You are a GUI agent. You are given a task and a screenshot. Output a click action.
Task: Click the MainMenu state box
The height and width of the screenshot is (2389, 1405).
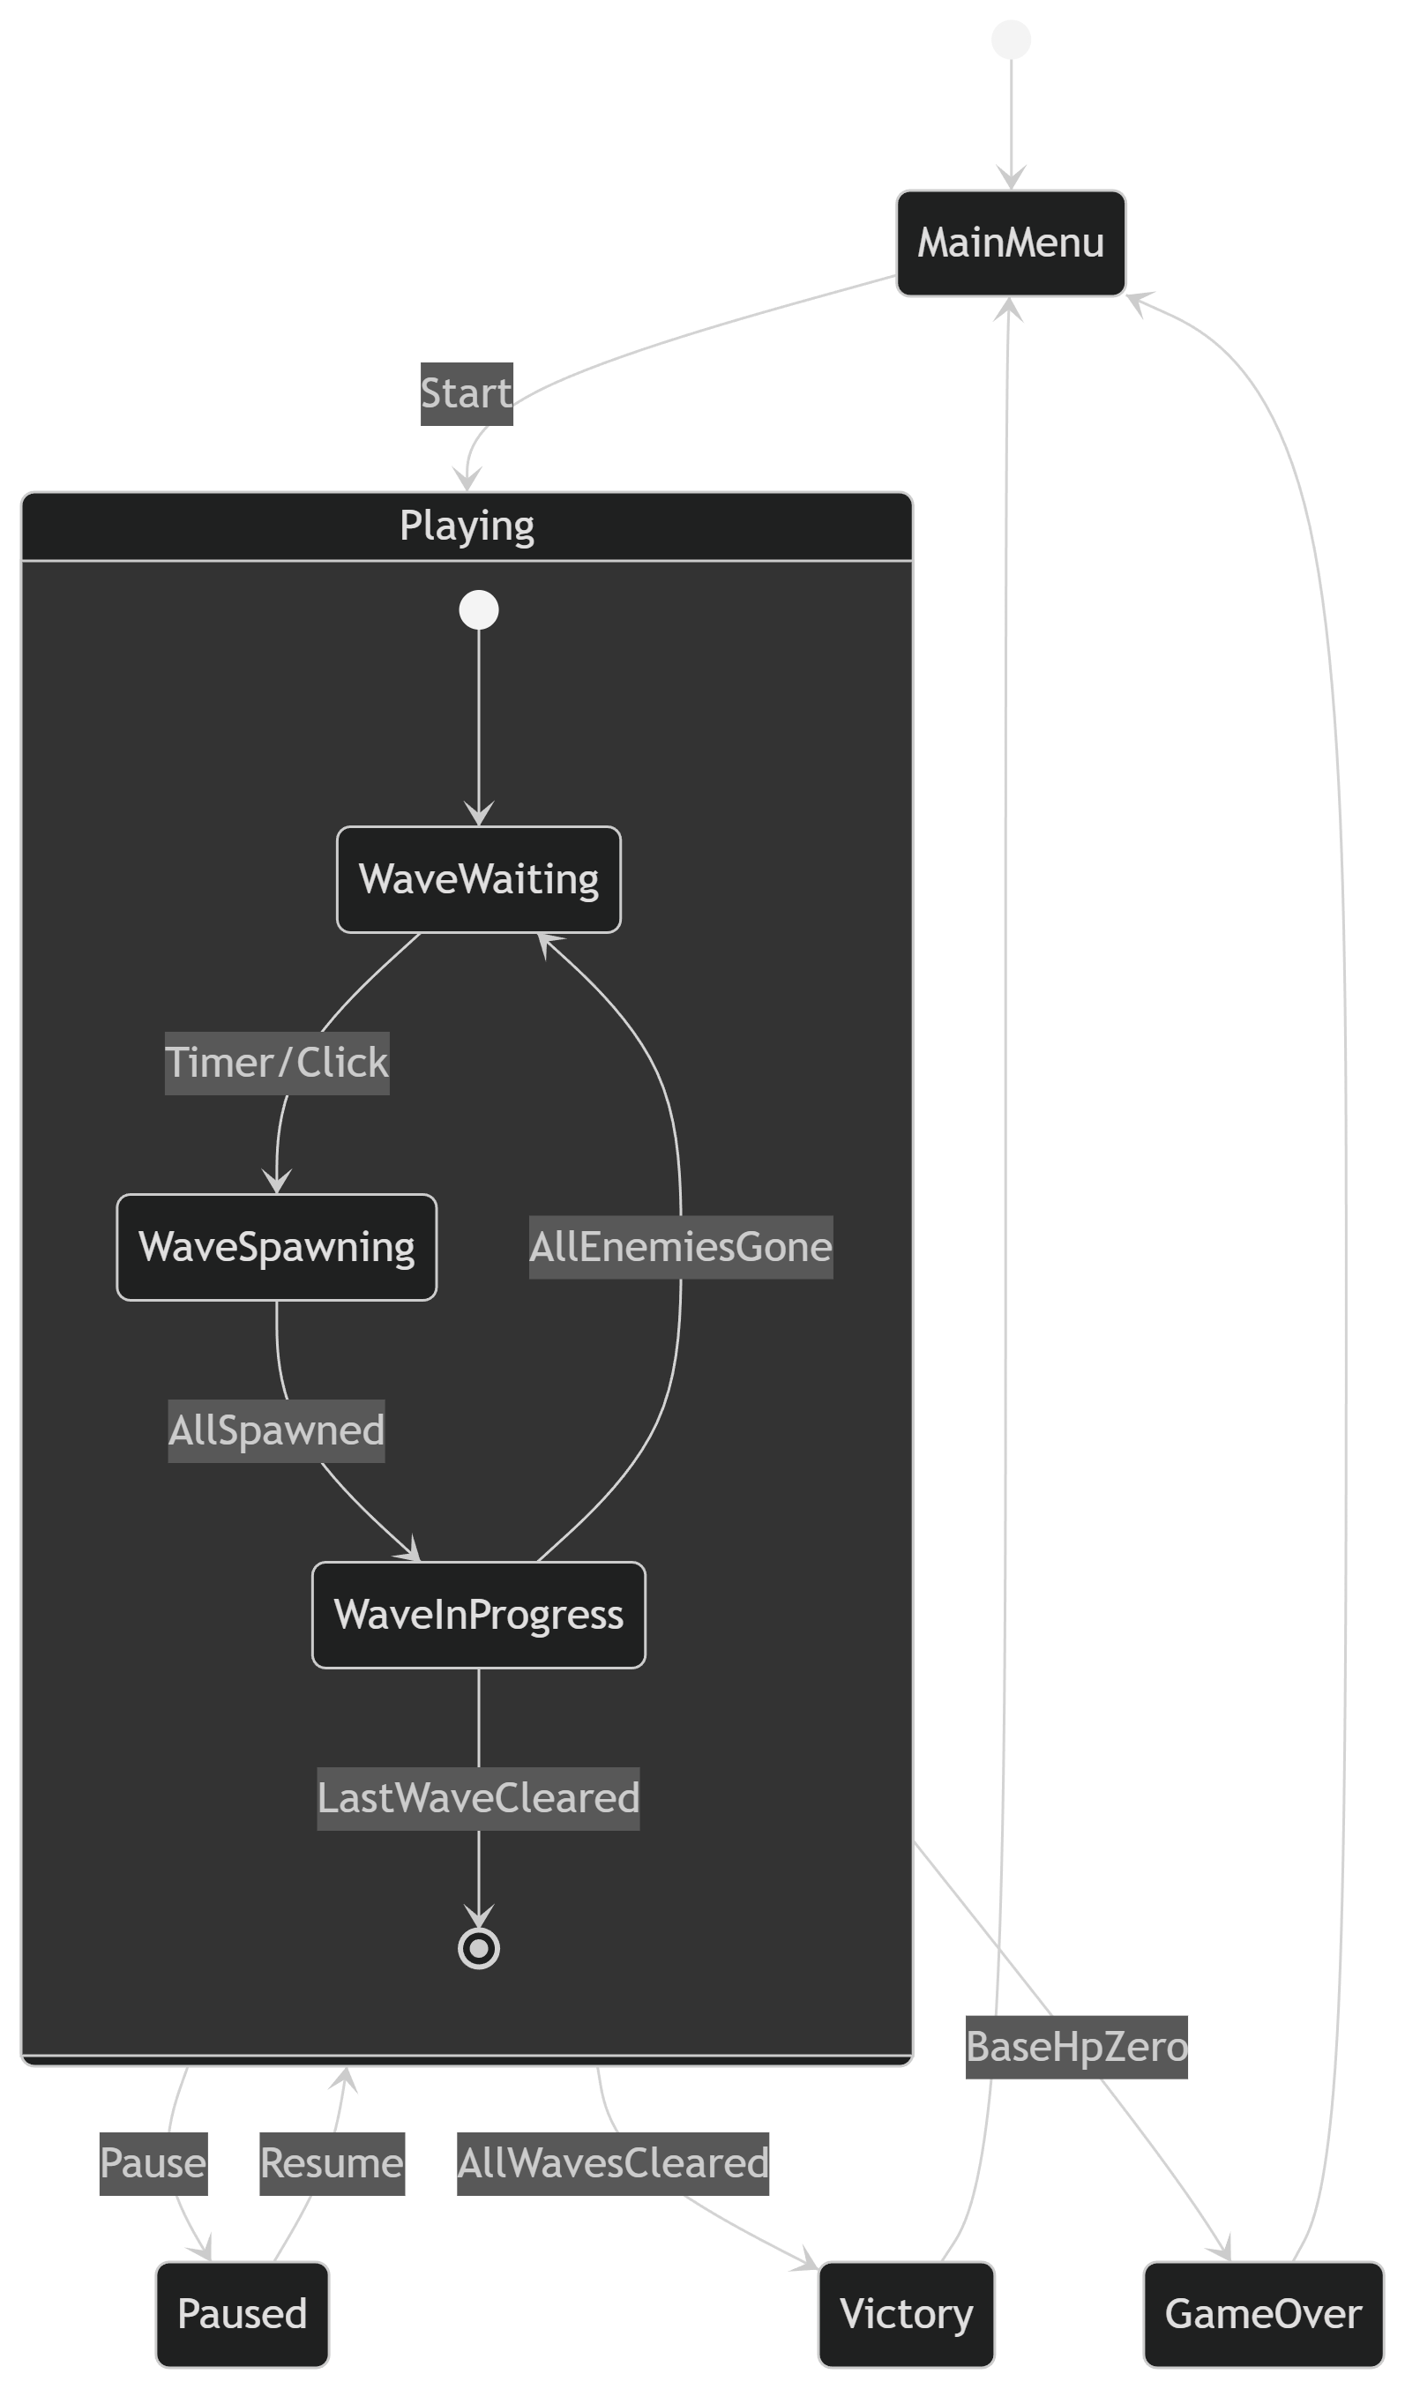[1011, 243]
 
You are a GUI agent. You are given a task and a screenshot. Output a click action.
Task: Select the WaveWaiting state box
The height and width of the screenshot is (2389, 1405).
[479, 880]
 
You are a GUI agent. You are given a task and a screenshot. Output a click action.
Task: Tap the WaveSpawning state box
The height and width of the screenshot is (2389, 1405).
[277, 1248]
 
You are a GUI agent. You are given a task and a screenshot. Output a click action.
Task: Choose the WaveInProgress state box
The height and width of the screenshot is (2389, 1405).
[479, 1615]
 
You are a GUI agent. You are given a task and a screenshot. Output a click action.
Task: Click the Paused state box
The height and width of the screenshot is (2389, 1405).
[243, 2314]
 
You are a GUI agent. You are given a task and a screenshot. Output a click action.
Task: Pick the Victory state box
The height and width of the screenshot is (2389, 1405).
[907, 2314]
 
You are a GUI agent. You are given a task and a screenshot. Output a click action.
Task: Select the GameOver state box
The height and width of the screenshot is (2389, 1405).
[1263, 2314]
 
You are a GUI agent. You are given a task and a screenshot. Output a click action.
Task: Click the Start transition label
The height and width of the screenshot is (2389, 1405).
[467, 394]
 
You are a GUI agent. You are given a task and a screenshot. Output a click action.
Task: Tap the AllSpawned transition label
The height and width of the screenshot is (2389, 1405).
[277, 1430]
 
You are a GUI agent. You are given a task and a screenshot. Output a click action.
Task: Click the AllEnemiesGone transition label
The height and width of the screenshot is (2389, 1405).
[681, 1248]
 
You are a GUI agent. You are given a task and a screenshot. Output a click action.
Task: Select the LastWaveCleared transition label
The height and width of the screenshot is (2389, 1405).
[479, 1798]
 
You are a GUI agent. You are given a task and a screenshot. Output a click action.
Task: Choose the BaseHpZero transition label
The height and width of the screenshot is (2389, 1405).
[1077, 2048]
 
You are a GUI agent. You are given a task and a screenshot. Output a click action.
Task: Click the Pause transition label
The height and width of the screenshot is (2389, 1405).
[153, 2163]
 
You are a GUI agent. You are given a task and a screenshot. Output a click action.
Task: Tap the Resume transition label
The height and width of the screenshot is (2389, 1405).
[333, 2163]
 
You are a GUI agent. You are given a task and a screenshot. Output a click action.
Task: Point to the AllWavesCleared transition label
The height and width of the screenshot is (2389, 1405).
[613, 2163]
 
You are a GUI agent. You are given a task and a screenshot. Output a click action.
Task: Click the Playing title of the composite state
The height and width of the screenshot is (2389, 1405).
[467, 526]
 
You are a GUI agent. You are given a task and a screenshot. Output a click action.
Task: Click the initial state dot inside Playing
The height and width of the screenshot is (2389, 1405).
[479, 609]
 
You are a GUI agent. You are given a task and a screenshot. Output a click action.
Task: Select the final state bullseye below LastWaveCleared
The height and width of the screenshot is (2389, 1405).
[479, 1948]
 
